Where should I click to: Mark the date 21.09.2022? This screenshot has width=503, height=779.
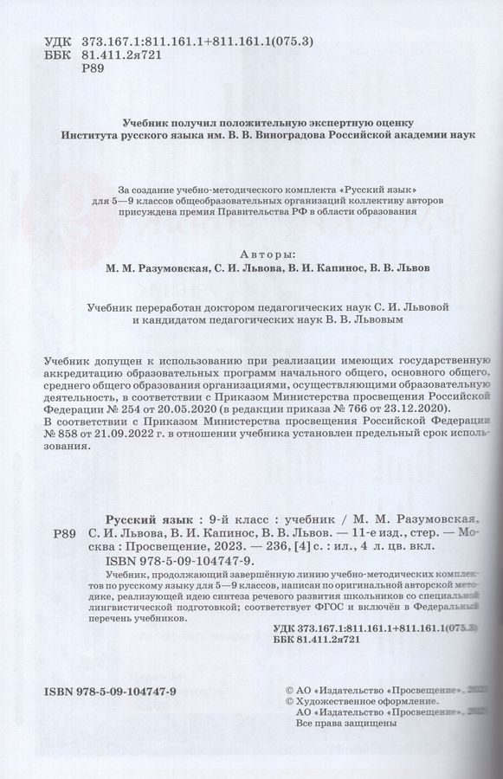pos(123,435)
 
